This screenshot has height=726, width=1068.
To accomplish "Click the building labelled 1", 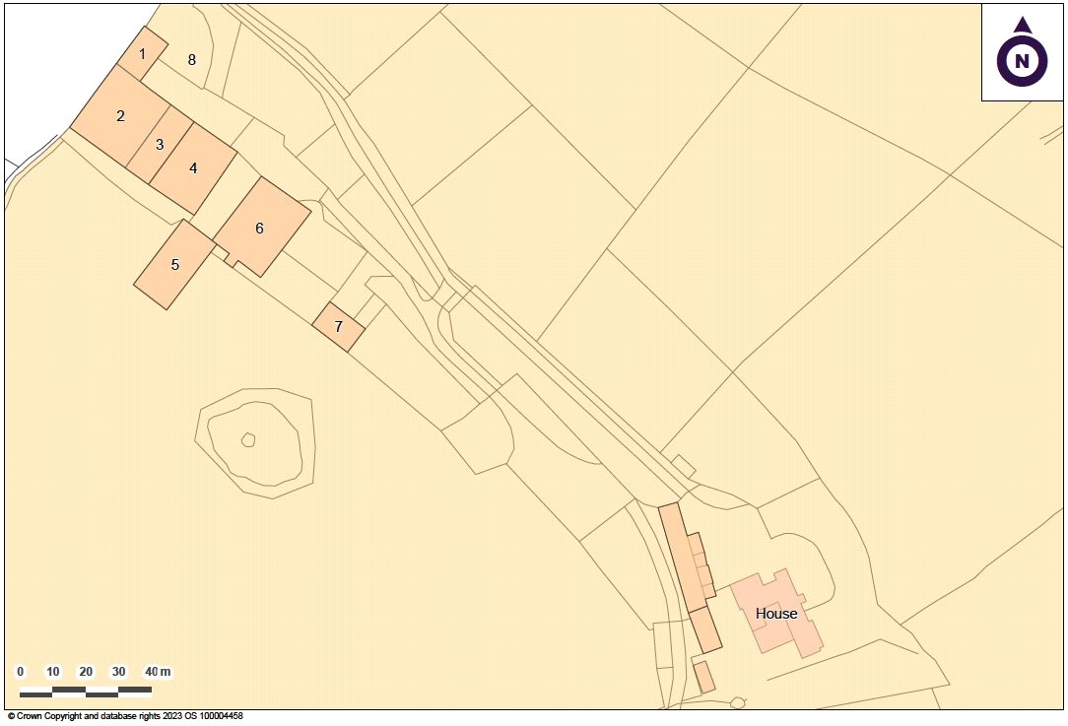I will coord(143,53).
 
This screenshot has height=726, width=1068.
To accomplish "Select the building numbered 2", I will coord(120,116).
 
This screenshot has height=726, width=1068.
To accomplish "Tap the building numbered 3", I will coord(159,145).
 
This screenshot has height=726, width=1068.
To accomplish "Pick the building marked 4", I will coord(193,168).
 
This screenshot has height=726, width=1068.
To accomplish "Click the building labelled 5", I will coord(174,265).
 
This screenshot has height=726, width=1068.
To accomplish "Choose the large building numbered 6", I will coord(260,229).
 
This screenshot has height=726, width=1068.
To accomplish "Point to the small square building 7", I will coord(338,326).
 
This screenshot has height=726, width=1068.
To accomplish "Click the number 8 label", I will coord(192,60).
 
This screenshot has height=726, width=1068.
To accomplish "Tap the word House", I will coord(776,614).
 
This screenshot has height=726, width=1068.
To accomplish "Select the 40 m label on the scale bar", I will coord(158,672).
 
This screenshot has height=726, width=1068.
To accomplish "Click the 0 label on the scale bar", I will coord(21,672).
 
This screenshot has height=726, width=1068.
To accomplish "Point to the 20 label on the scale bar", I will coord(86,672).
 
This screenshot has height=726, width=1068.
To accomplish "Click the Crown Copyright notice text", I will coord(124,717).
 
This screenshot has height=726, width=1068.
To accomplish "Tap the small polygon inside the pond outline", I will coord(248,439).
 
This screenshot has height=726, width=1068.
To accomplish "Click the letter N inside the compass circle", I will coord(1023,62).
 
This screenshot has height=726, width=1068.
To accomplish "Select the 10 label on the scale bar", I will coord(53,672).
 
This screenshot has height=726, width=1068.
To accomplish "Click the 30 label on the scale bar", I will coord(118,672).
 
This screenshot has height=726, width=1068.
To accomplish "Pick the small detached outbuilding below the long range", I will coord(703,677).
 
